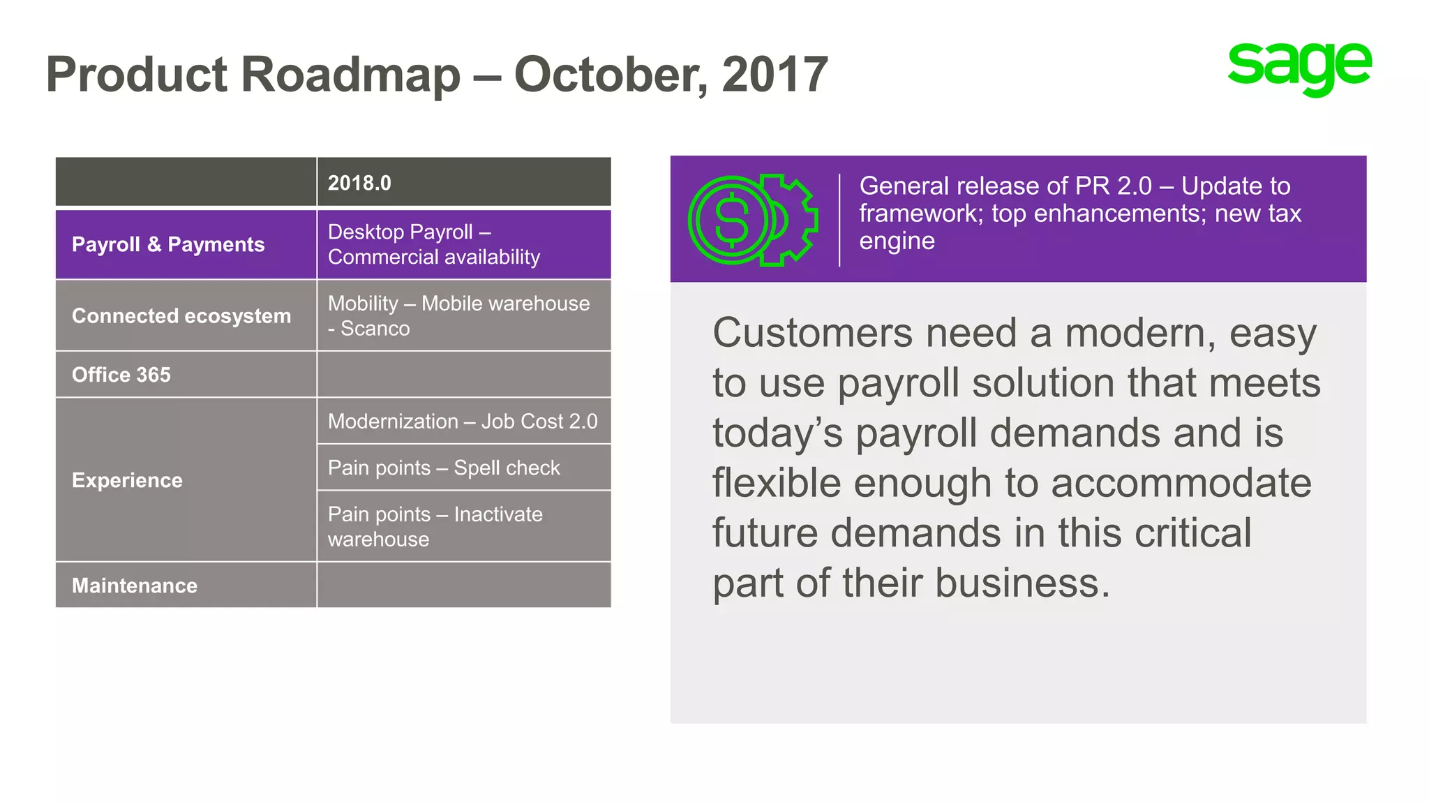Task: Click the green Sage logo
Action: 1299,68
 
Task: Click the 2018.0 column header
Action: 359,183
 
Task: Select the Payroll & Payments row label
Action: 168,244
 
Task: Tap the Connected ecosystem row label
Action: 181,315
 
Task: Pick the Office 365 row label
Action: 121,375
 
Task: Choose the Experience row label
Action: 127,480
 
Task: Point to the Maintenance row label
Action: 135,585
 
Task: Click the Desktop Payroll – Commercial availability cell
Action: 433,244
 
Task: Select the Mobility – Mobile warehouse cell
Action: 458,315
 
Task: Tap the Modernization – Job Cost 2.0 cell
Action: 463,422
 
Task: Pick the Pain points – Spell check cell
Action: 444,468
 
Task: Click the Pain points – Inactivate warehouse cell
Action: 435,526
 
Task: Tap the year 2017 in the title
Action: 775,75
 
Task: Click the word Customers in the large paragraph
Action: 812,333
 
